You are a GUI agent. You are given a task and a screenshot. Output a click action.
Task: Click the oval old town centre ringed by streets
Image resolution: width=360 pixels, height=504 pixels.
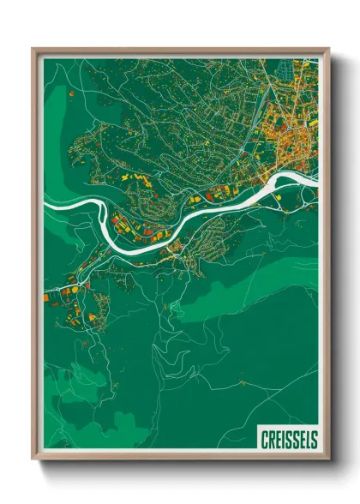[300, 141]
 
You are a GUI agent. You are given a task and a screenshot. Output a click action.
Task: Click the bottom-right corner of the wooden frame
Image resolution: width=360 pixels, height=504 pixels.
[328, 460]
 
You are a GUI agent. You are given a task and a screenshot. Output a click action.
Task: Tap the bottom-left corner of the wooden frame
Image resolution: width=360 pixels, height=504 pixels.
[33, 460]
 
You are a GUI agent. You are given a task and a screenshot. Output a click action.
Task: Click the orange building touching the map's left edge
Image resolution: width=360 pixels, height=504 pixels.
[46, 298]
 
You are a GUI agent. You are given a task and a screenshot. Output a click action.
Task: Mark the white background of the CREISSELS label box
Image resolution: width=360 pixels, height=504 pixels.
[289, 429]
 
